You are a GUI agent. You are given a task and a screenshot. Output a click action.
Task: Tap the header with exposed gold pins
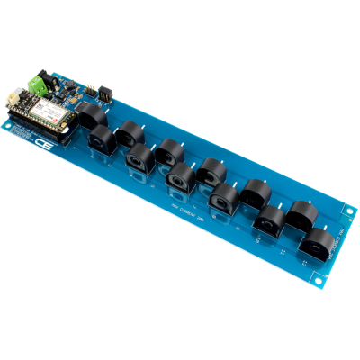(103, 92)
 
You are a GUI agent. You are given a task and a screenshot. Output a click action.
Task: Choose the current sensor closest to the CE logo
(100, 139)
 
